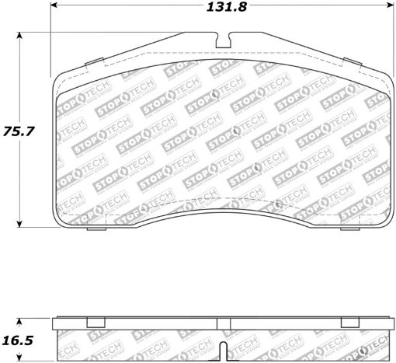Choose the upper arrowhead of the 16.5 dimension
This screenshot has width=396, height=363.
[x=20, y=319]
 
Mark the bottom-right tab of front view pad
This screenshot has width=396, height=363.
[x=352, y=229]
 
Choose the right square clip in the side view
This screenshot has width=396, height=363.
[x=349, y=323]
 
